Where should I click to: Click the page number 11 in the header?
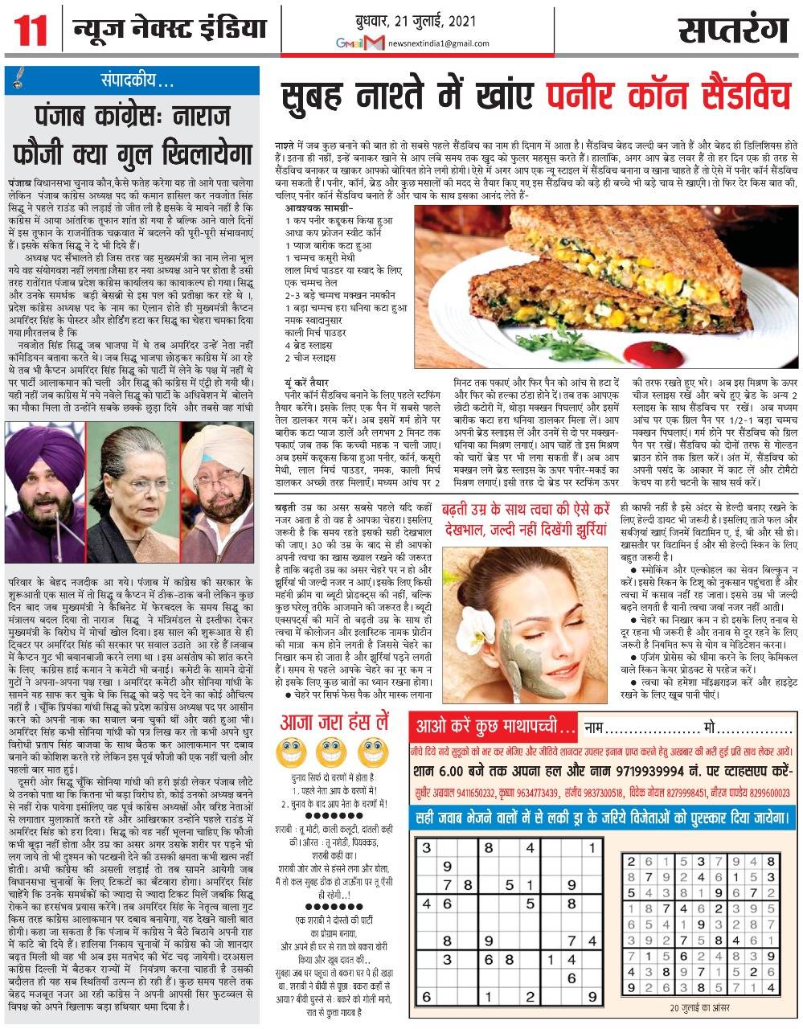pyautogui.click(x=26, y=31)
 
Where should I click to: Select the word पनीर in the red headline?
pyautogui.click(x=582, y=98)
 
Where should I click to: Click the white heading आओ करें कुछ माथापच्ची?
pyautogui.click(x=494, y=728)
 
